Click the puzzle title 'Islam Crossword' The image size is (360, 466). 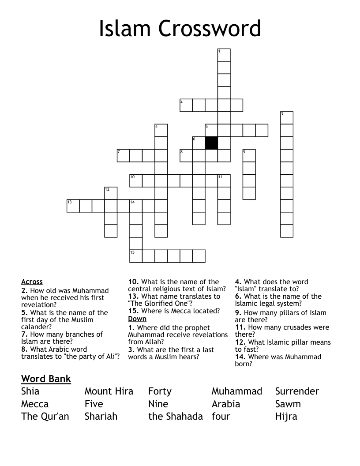click(180, 29)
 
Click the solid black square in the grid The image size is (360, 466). click(211, 143)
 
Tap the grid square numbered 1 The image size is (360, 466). click(224, 55)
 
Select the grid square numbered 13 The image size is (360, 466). click(73, 206)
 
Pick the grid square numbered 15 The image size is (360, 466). click(136, 256)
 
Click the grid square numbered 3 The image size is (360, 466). click(287, 118)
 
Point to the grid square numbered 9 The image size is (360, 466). click(249, 156)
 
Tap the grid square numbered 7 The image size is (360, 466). click(123, 156)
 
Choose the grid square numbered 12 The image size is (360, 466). click(111, 193)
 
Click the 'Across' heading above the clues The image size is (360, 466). click(32, 282)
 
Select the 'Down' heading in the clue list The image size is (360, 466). click(137, 319)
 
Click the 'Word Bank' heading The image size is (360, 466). click(46, 379)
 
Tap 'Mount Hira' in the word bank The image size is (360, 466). click(109, 391)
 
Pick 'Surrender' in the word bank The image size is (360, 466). click(297, 391)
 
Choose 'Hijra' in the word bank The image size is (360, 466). click(286, 416)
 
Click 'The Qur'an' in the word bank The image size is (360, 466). click(45, 416)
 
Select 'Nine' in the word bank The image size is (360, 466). click(158, 404)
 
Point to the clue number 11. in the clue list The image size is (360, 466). click(240, 327)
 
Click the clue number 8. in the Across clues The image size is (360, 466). click(25, 349)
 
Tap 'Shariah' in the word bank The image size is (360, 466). click(101, 416)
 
